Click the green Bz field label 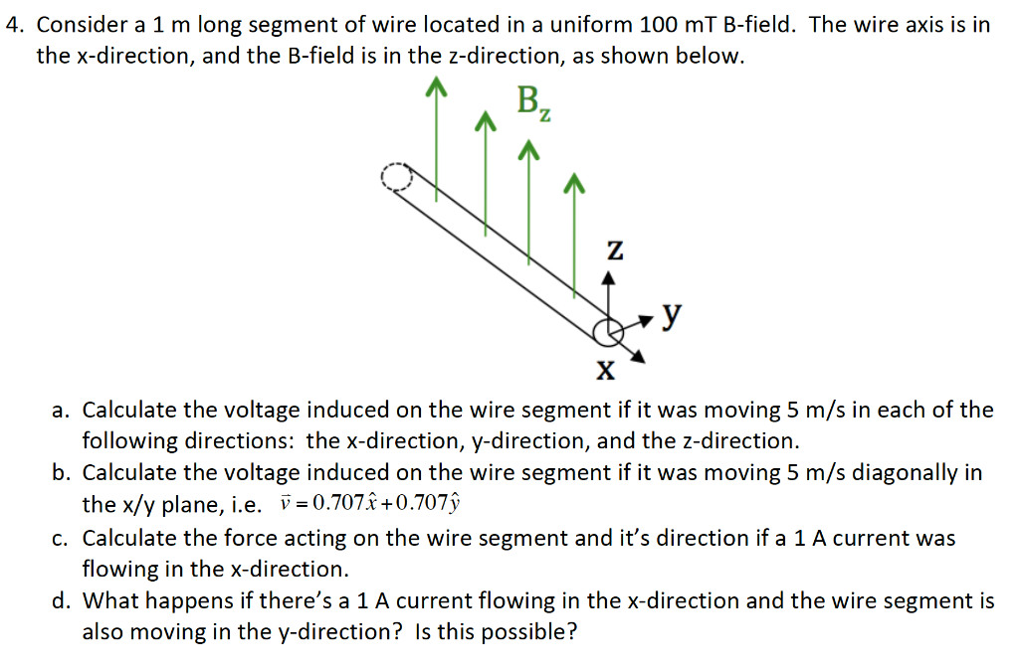coord(534,103)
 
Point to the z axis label coord(615,250)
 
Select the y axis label coord(672,315)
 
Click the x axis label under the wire coord(606,370)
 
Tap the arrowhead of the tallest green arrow coord(437,86)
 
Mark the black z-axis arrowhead coord(608,278)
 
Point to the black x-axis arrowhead coord(638,357)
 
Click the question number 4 coord(13,25)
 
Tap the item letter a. coord(61,411)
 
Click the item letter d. coord(61,600)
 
